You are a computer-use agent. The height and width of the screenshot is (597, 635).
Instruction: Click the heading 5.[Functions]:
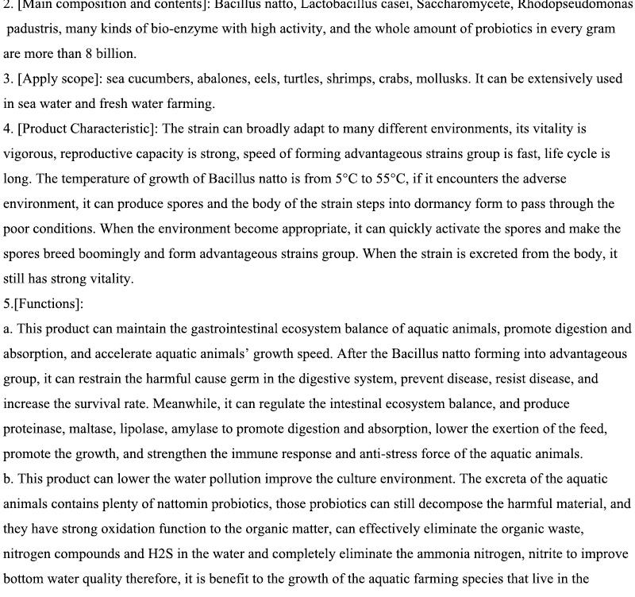pos(44,303)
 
